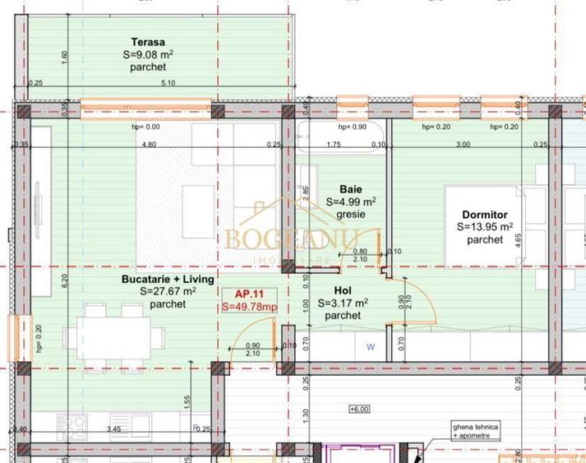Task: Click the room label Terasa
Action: [x=148, y=42]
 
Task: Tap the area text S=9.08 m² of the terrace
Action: [x=148, y=54]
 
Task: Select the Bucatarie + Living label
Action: [x=156, y=279]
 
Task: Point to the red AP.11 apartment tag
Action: [x=248, y=294]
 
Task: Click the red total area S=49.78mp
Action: [x=249, y=307]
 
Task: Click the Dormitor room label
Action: [x=485, y=215]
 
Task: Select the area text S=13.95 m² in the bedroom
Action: [x=485, y=227]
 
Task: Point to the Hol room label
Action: [x=343, y=290]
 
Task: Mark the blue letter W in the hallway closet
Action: [x=370, y=347]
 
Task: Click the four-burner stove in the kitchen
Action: [x=71, y=426]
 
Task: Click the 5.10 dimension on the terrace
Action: [x=168, y=82]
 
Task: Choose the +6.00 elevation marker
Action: [x=359, y=408]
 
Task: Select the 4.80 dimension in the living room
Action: [x=149, y=145]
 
